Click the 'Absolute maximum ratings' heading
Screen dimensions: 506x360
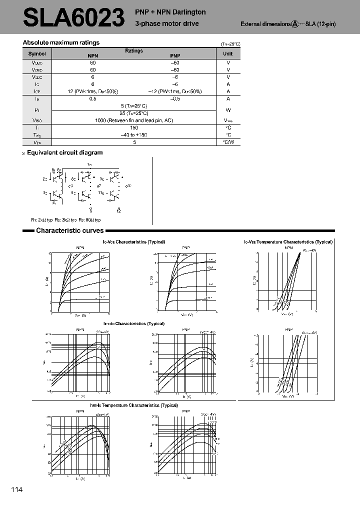pos(61,42)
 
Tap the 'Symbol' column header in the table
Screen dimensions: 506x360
pos(37,53)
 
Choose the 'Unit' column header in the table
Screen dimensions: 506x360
pos(228,53)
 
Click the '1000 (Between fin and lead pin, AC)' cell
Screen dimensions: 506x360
pos(134,120)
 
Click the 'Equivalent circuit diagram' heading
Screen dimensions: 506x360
pos(64,152)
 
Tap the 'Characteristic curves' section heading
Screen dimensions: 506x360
pos(69,230)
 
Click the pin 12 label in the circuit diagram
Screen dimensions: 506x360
pos(118,211)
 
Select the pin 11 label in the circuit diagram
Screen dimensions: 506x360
pos(100,192)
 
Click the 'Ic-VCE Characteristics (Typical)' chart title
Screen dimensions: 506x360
pos(133,241)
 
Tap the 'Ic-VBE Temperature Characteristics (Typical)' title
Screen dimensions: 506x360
pos(288,241)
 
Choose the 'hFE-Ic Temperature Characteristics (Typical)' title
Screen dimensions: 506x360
pos(133,405)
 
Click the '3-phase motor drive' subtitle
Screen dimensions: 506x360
pos(167,23)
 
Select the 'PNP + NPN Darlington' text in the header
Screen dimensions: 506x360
pos(170,12)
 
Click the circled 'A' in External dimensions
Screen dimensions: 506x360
pos(295,23)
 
